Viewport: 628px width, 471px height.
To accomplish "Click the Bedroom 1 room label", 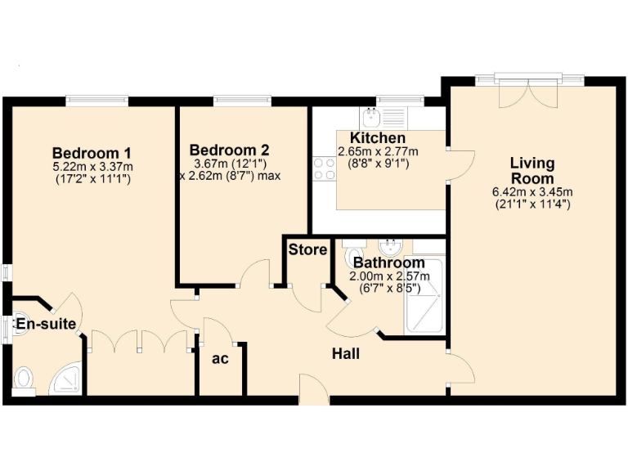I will pyautogui.click(x=92, y=152).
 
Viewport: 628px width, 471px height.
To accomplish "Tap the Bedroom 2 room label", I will pyautogui.click(x=229, y=150).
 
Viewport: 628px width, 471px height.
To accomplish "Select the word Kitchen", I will pyautogui.click(x=378, y=138).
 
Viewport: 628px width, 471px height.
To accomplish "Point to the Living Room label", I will pyautogui.click(x=532, y=171).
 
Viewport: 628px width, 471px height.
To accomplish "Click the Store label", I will pyautogui.click(x=307, y=249).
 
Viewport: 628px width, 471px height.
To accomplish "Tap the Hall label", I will pyautogui.click(x=346, y=353).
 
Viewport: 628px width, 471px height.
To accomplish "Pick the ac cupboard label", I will pyautogui.click(x=220, y=358).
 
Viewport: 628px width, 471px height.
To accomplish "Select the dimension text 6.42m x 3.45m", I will pyautogui.click(x=532, y=192).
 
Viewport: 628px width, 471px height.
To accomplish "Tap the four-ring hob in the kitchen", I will pyautogui.click(x=324, y=168).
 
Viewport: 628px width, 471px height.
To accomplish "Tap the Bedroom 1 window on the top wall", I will pyautogui.click(x=96, y=101).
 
